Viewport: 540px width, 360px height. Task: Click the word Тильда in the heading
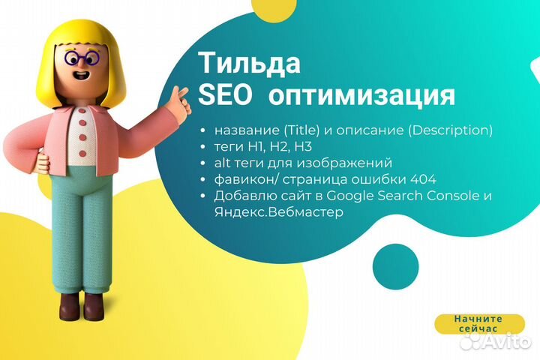[250, 63]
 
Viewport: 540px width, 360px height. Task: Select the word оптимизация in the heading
[361, 95]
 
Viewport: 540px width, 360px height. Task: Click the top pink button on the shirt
[82, 117]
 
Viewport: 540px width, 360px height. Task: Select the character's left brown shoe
[68, 307]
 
